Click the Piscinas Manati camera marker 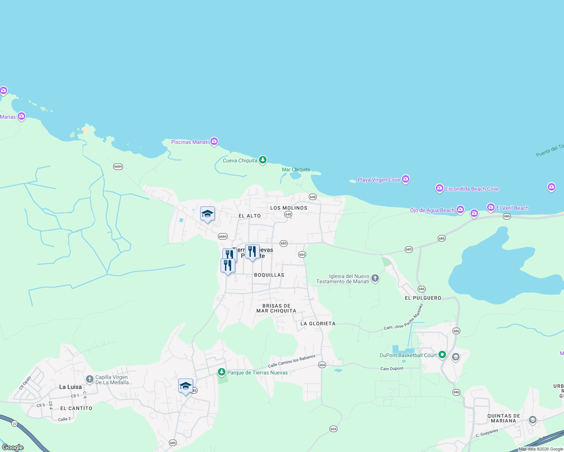tap(214, 141)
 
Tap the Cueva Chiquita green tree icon tap(263, 160)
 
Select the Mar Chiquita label tap(296, 169)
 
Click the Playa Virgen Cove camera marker tap(406, 179)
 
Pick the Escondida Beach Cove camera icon tap(439, 188)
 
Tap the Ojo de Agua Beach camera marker tap(460, 209)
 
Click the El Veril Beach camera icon tap(490, 207)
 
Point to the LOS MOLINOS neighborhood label tap(289, 208)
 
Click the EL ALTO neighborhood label tap(250, 216)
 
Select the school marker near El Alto tap(207, 214)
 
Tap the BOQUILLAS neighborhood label tap(269, 275)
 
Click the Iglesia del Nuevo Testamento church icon tap(375, 278)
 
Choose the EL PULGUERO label tap(423, 298)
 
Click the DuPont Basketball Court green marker tap(442, 354)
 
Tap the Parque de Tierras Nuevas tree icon tap(222, 372)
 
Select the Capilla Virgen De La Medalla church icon tap(89, 379)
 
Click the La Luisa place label tap(70, 387)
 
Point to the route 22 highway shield tap(15, 424)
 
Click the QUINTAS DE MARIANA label tap(504, 418)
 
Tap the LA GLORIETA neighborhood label tap(318, 324)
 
